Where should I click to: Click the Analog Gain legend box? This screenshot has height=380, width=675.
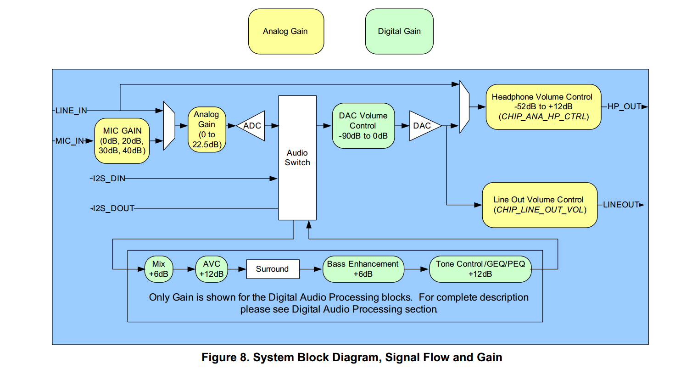pyautogui.click(x=286, y=31)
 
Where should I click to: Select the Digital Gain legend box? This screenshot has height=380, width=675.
pyautogui.click(x=399, y=31)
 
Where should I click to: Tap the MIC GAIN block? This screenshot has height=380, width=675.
pyautogui.click(x=122, y=141)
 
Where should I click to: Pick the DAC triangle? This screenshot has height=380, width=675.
pyautogui.click(x=422, y=126)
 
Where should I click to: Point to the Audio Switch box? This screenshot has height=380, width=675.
pyautogui.click(x=297, y=157)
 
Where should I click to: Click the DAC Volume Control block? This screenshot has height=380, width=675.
pyautogui.click(x=363, y=126)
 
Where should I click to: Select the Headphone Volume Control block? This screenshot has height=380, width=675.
pyautogui.click(x=543, y=106)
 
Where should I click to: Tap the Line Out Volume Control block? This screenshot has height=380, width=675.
pyautogui.click(x=539, y=205)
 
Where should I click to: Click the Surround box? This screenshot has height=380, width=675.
pyautogui.click(x=273, y=269)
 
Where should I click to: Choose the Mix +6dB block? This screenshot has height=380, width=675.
pyautogui.click(x=159, y=269)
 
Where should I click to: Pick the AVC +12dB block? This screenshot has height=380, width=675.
pyautogui.click(x=212, y=269)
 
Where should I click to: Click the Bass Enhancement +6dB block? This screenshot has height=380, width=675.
pyautogui.click(x=363, y=269)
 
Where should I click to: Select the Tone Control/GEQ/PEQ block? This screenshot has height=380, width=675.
pyautogui.click(x=480, y=269)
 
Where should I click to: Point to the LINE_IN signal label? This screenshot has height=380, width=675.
pyautogui.click(x=71, y=111)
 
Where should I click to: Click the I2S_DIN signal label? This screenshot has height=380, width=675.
pyautogui.click(x=109, y=179)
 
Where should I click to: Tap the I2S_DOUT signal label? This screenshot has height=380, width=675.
pyautogui.click(x=113, y=208)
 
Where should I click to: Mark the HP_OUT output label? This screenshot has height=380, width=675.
pyautogui.click(x=624, y=106)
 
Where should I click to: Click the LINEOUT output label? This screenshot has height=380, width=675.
pyautogui.click(x=621, y=205)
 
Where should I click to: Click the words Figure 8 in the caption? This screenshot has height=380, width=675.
pyautogui.click(x=224, y=358)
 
